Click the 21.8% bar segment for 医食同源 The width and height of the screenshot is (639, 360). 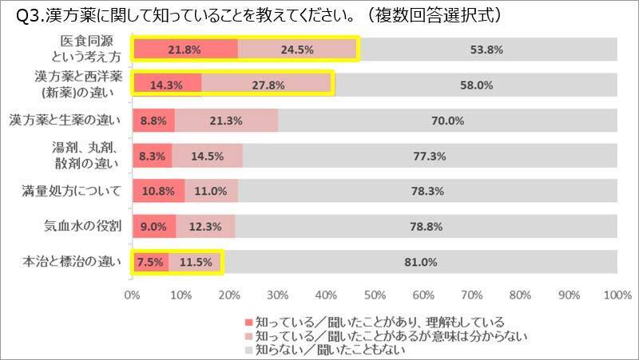pos(185,49)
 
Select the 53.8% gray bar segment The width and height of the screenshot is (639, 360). pos(486,49)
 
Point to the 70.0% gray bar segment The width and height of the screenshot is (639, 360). pos(447,121)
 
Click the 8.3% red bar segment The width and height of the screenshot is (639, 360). pos(152,156)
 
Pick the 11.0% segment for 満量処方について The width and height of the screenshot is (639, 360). pos(211,192)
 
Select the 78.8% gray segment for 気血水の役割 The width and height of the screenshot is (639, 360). pos(426,227)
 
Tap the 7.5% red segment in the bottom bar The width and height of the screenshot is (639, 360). pos(150,262)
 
